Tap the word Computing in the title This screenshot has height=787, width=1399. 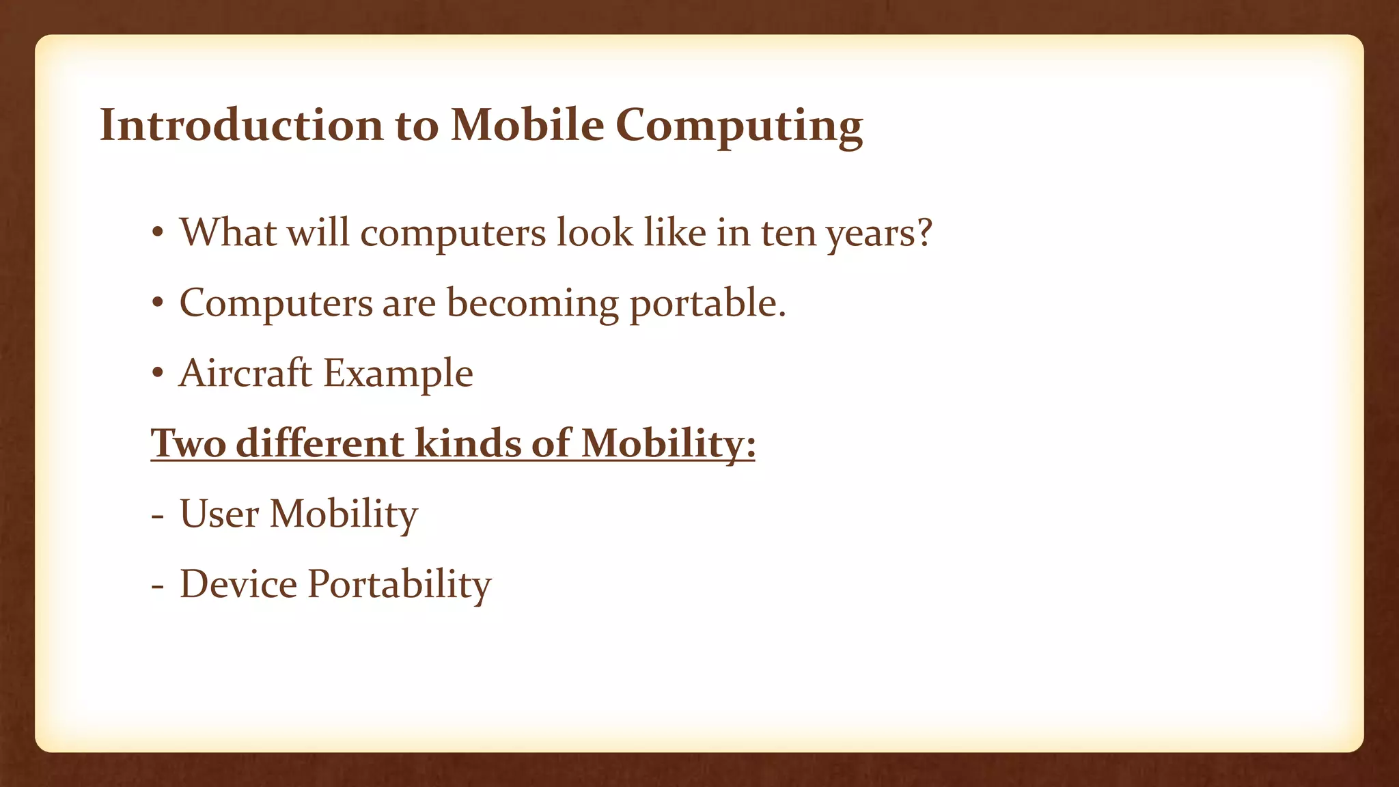tap(739, 126)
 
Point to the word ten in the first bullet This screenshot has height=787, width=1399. tap(788, 233)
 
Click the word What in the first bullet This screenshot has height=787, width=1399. tap(227, 232)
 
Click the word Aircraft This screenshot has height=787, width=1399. tap(245, 373)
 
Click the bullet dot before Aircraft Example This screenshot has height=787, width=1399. tap(158, 374)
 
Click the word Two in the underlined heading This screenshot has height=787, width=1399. tap(189, 443)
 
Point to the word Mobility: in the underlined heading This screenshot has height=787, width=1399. tap(668, 443)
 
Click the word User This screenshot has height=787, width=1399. tap(219, 514)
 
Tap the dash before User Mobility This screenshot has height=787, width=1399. tap(158, 516)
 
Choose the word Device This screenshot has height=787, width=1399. tap(238, 584)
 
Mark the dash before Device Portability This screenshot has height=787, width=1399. tap(158, 587)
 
